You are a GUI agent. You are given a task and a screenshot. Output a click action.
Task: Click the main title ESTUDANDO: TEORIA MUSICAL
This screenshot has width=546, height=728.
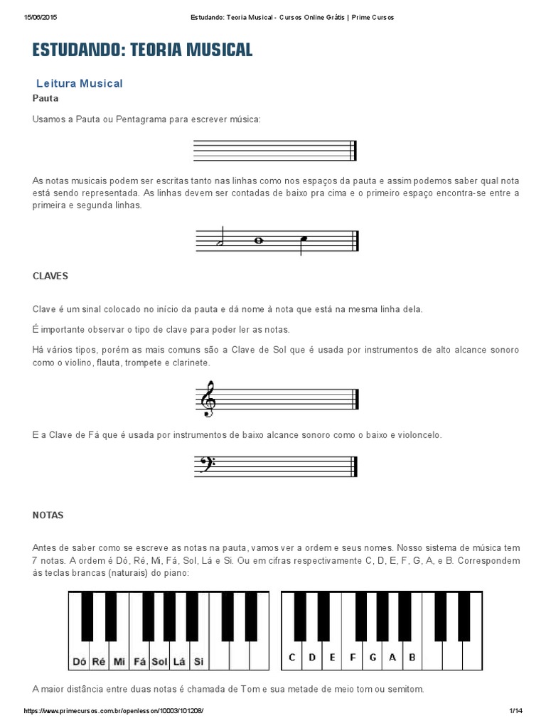coord(142,50)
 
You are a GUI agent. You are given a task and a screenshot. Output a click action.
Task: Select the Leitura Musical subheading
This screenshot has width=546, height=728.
coord(79,83)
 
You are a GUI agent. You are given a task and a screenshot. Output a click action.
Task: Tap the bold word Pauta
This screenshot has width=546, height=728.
coord(45,98)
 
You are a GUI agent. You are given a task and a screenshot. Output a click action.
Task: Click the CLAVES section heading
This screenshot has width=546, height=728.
coord(50,275)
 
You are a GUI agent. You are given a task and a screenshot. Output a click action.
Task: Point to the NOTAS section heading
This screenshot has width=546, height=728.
coord(48,515)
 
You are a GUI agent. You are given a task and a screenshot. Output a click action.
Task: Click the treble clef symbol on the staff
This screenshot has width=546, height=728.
coord(208,398)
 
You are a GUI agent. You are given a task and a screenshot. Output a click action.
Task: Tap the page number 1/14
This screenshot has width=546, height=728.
coord(516,711)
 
